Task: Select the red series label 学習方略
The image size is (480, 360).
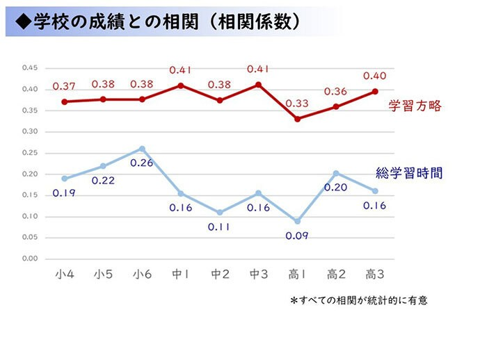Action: point(415,106)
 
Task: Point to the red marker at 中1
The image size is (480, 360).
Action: point(181,85)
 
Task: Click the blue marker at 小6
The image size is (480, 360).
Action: point(142,149)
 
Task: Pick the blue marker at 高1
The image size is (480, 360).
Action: point(298,221)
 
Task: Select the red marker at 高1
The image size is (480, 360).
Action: point(298,119)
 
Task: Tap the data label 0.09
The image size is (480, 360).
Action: point(297,236)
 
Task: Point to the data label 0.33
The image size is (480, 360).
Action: point(298,103)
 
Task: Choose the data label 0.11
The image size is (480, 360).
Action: point(219,227)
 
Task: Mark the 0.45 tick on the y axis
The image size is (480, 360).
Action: point(29,67)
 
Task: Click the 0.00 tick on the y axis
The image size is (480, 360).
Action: point(29,259)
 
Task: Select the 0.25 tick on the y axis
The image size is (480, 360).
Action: point(29,152)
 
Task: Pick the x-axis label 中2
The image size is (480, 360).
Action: point(220,275)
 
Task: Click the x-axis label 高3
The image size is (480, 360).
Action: point(375,275)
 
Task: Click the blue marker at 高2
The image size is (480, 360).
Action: point(336,173)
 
